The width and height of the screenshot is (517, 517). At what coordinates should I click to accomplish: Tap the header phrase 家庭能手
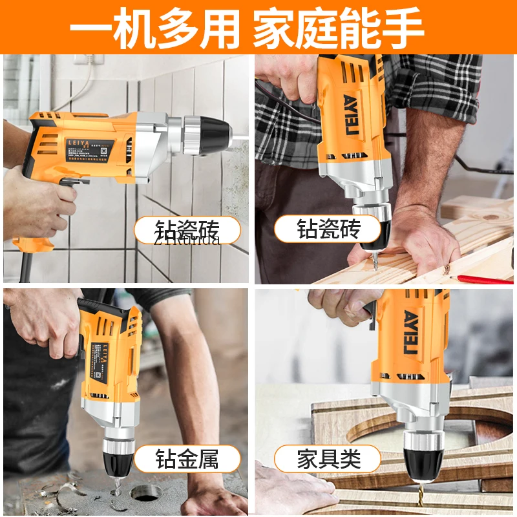[x=338, y=27]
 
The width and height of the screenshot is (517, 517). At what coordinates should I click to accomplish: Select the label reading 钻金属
[x=187, y=459]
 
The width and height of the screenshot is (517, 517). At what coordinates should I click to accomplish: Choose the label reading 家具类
[x=328, y=459]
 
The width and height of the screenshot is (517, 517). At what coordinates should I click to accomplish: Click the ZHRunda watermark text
[x=187, y=240]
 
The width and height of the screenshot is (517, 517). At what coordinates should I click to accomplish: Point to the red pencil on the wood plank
[x=481, y=279]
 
